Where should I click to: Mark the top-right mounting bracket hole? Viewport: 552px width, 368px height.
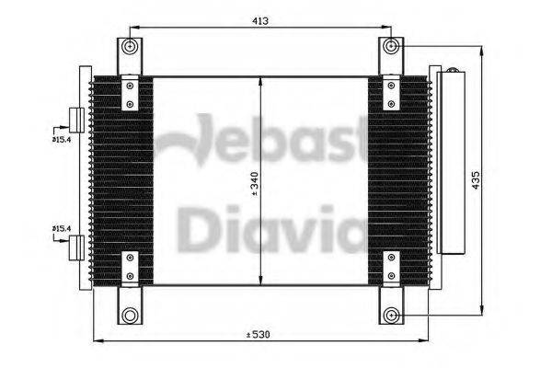tap(393, 46)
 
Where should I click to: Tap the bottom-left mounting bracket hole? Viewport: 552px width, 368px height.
tap(131, 315)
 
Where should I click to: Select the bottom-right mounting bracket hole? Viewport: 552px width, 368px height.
tap(393, 315)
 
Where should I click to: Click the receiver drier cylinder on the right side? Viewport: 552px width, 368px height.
tap(451, 161)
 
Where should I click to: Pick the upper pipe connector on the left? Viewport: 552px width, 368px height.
tap(77, 120)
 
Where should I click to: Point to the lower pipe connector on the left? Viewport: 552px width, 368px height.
tap(77, 246)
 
